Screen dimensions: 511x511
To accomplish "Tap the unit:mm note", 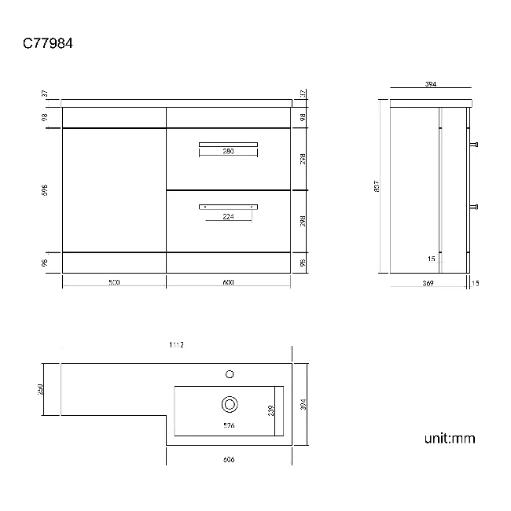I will (x=450, y=439).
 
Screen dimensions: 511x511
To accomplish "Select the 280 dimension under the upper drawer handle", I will (x=228, y=152).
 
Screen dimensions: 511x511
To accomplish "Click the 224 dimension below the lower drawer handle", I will (x=228, y=217).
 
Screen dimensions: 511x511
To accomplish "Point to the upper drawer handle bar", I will (x=228, y=143).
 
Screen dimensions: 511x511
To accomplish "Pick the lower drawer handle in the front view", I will (x=228, y=205).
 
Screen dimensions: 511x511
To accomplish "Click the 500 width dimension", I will (x=114, y=282).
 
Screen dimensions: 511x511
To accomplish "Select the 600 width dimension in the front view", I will (x=229, y=282).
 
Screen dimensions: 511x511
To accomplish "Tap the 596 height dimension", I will (x=46, y=190).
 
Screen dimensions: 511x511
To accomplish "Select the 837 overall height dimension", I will (x=377, y=186).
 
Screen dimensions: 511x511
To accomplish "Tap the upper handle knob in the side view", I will (x=475, y=145).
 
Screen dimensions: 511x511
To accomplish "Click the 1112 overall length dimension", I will (x=177, y=345).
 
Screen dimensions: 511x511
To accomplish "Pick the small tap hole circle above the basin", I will (x=230, y=373).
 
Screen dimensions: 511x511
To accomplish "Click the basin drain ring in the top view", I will (x=230, y=405).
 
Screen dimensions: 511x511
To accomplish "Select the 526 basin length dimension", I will (x=229, y=425).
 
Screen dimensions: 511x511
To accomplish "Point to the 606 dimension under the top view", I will (x=229, y=459).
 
